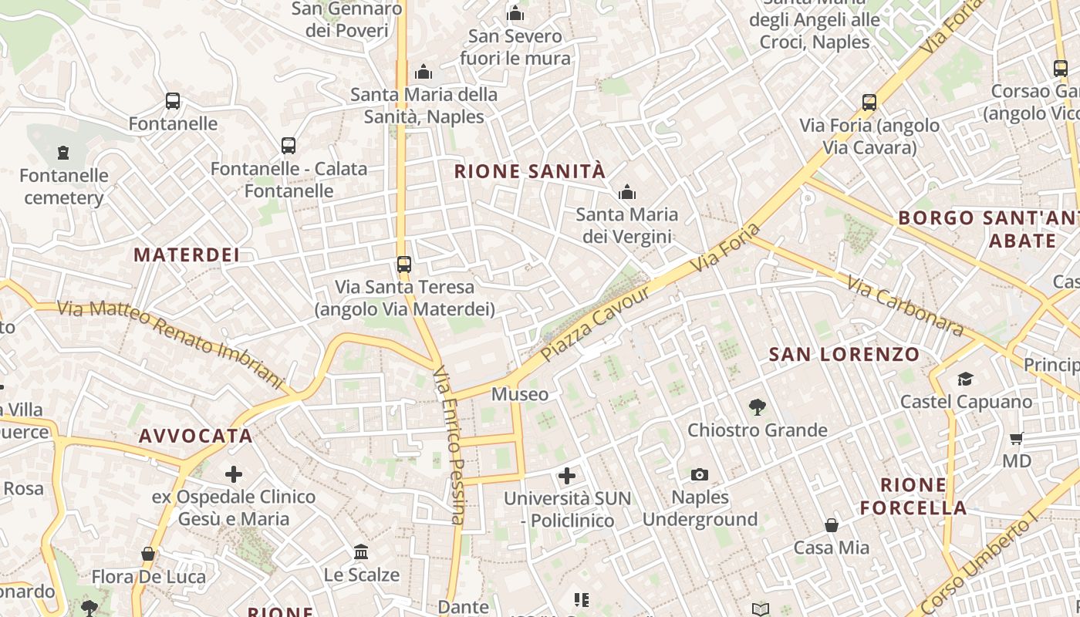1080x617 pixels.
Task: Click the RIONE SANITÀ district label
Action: click(530, 171)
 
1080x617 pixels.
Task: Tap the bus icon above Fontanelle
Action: click(173, 101)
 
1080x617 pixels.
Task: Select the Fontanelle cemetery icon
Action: click(63, 153)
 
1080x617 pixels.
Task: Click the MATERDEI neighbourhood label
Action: click(187, 255)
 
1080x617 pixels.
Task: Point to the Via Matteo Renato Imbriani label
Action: click(170, 342)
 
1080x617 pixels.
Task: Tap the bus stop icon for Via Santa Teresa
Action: click(403, 265)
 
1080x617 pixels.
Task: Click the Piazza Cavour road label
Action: click(596, 325)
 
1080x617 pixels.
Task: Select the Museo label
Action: click(520, 395)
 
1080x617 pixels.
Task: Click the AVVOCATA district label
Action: click(196, 436)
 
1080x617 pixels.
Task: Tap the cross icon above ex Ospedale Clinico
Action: click(234, 474)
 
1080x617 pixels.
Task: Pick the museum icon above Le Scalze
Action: click(361, 552)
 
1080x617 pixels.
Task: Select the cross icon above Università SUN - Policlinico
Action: click(567, 476)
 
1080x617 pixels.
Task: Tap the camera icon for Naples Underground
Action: click(700, 474)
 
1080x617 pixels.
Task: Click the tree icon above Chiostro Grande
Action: click(758, 407)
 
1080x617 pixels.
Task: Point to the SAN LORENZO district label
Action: click(844, 355)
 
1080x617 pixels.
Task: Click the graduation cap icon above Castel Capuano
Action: click(965, 379)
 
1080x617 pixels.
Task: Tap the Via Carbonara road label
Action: click(905, 306)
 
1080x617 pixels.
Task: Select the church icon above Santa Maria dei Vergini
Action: click(627, 192)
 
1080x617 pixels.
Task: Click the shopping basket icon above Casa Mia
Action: click(832, 525)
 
